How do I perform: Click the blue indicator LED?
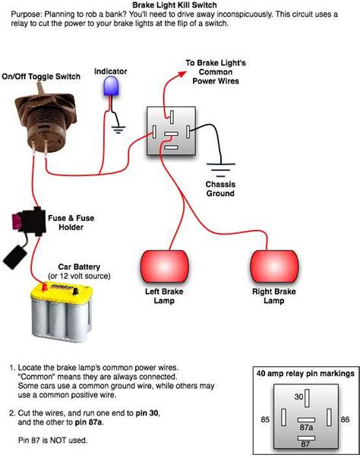click(111, 86)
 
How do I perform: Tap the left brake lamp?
click(165, 266)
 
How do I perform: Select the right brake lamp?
click(274, 266)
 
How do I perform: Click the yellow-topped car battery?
click(62, 311)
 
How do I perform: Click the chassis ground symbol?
click(221, 169)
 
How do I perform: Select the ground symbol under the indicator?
click(118, 129)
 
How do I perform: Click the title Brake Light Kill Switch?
click(175, 5)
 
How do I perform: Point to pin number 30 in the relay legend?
click(298, 396)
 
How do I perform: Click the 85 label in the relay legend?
click(265, 419)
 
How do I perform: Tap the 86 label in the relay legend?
click(345, 419)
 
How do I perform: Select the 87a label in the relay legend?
click(306, 428)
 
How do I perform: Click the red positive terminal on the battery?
click(45, 287)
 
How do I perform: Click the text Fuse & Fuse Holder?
click(71, 223)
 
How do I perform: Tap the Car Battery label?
click(79, 267)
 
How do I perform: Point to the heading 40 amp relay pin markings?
click(305, 373)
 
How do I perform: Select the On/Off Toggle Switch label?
click(41, 77)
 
